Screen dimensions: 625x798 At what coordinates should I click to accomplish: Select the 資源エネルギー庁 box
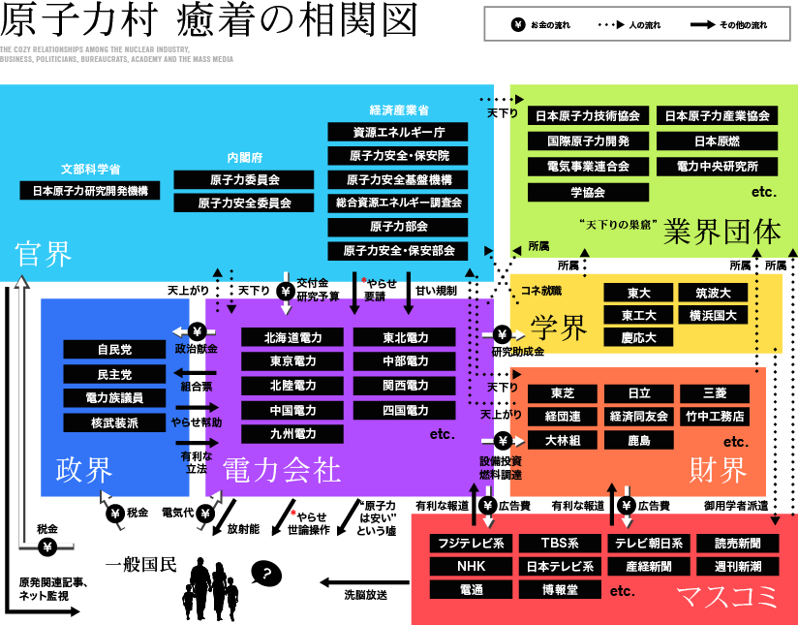pyautogui.click(x=398, y=132)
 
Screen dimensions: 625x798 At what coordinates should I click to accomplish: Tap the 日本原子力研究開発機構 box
pyautogui.click(x=90, y=191)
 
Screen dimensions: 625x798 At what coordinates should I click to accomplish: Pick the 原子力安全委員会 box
pyautogui.click(x=244, y=203)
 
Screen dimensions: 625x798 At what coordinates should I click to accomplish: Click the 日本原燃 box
pyautogui.click(x=718, y=141)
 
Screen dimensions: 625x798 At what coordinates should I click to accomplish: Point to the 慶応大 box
pyautogui.click(x=639, y=338)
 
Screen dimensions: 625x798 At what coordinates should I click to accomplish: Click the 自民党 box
pyautogui.click(x=114, y=350)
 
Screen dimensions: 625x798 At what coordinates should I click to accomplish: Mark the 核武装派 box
pyautogui.click(x=114, y=422)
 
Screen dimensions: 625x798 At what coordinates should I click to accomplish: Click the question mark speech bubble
pyautogui.click(x=266, y=575)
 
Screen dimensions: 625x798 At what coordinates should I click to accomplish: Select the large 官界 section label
pyautogui.click(x=44, y=256)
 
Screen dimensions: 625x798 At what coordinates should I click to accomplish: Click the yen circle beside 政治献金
pyautogui.click(x=197, y=329)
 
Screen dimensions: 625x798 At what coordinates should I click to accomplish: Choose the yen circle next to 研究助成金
pyautogui.click(x=502, y=334)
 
